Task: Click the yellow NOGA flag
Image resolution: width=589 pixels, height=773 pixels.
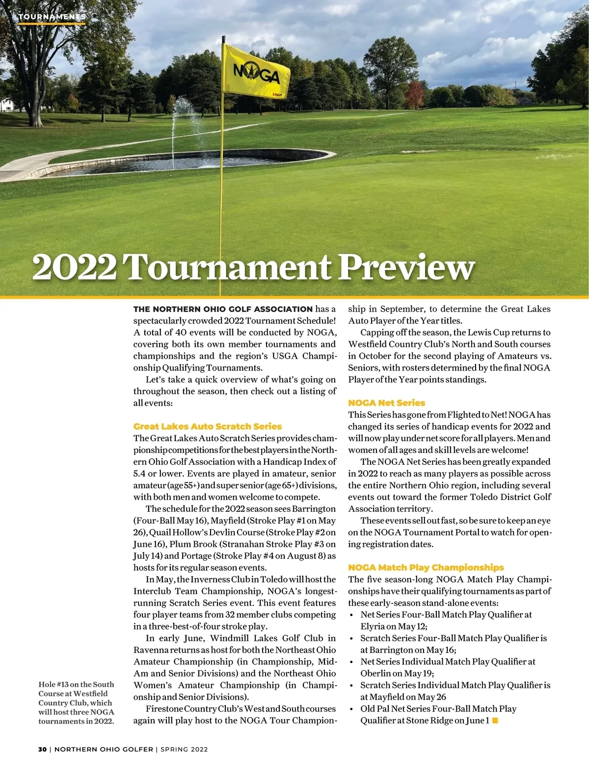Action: click(255, 71)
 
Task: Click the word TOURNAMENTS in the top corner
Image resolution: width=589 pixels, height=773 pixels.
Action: click(52, 17)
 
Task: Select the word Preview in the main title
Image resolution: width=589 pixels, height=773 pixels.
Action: click(406, 267)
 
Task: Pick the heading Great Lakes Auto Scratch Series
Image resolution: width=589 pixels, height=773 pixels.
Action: click(208, 426)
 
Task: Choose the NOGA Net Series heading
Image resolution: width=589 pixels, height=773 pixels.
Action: click(386, 403)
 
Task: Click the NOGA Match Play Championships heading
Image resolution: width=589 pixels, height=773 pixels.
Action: click(426, 567)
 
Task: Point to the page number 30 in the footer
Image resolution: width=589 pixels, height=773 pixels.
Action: click(43, 749)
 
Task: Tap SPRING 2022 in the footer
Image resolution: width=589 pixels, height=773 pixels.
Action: click(184, 749)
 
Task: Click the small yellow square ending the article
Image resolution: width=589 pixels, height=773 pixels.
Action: click(495, 720)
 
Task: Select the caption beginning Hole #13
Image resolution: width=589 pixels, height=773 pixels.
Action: click(76, 702)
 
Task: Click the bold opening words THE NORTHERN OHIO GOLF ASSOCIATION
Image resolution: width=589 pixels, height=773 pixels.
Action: click(223, 309)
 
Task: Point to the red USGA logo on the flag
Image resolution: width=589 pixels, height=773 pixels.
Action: click(277, 94)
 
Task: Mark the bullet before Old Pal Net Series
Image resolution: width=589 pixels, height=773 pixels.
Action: click(351, 709)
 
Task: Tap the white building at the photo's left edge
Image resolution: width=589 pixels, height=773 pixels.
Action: click(6, 105)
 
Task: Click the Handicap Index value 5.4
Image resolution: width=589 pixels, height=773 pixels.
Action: click(139, 474)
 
